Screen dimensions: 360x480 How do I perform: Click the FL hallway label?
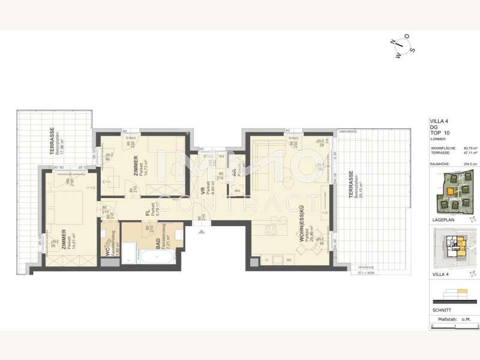[x=147, y=211]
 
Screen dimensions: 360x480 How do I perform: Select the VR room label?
[x=203, y=191]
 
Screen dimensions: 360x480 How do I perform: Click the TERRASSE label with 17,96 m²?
[x=52, y=143]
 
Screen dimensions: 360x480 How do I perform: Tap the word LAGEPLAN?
[x=442, y=221]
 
